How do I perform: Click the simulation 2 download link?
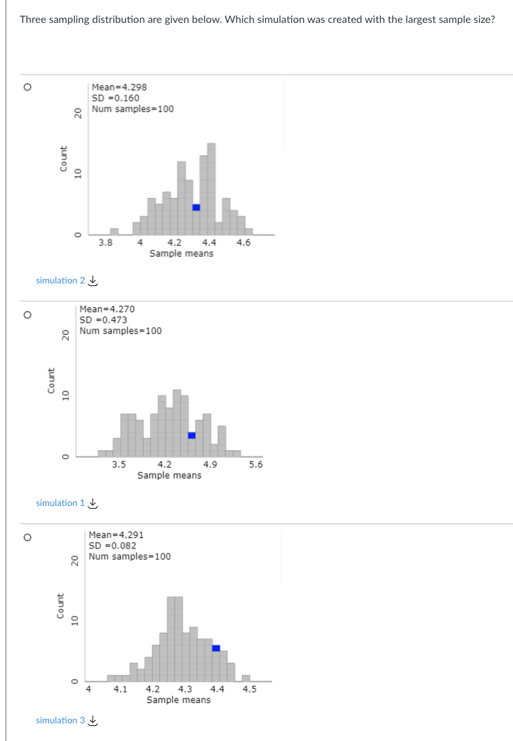pos(66,280)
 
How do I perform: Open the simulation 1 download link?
pos(66,503)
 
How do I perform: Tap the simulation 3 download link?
pos(66,720)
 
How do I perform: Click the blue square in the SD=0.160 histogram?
pos(196,208)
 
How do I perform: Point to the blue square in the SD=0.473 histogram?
pos(192,435)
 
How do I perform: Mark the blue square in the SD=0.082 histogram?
pos(216,648)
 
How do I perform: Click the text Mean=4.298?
pos(119,87)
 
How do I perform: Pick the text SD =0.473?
pos(103,320)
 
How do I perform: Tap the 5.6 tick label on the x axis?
pos(256,465)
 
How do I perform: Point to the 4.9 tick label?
pos(210,465)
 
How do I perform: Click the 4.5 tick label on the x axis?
pos(249,689)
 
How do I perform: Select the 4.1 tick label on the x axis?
pos(120,689)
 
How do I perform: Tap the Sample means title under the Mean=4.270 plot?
pos(169,475)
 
